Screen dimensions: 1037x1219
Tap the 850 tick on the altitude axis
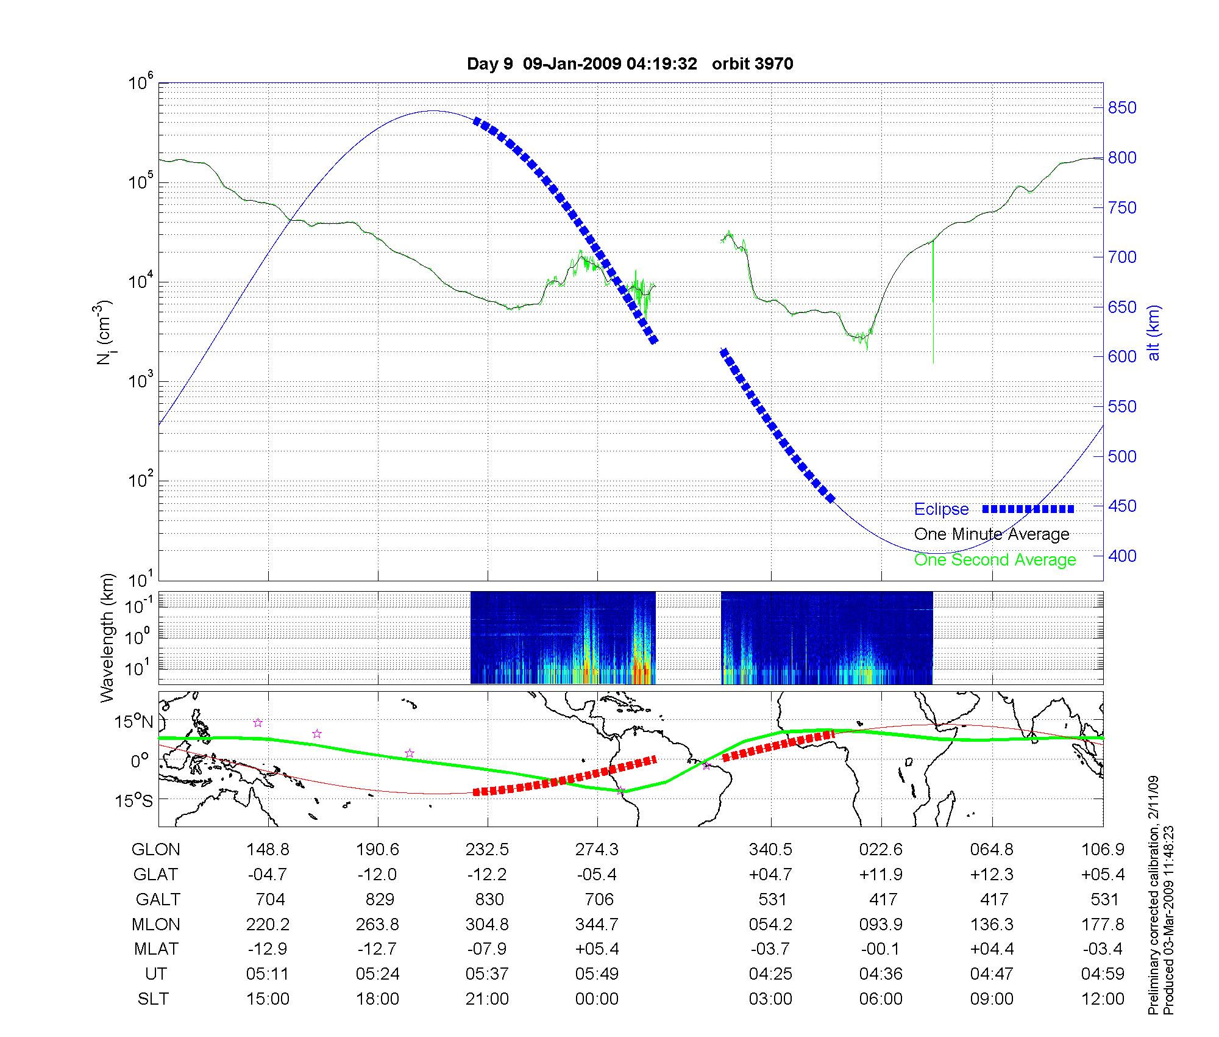(1122, 108)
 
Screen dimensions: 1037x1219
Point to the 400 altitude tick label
(1122, 556)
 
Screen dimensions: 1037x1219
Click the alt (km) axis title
(1154, 333)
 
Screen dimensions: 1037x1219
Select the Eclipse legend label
(941, 509)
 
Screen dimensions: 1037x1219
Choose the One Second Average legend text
(995, 560)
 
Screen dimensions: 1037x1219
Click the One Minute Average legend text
(992, 534)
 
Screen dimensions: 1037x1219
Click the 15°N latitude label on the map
(134, 722)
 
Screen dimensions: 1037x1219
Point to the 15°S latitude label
(134, 800)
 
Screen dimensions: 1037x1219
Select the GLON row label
(155, 850)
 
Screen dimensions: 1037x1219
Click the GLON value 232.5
(487, 850)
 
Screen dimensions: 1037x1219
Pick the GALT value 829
(378, 899)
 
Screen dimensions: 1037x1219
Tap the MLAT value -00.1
(881, 949)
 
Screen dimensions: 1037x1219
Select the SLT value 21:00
(487, 999)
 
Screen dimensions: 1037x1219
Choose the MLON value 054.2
(771, 924)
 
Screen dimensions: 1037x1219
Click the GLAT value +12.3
(992, 875)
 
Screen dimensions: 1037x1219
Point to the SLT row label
(153, 999)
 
